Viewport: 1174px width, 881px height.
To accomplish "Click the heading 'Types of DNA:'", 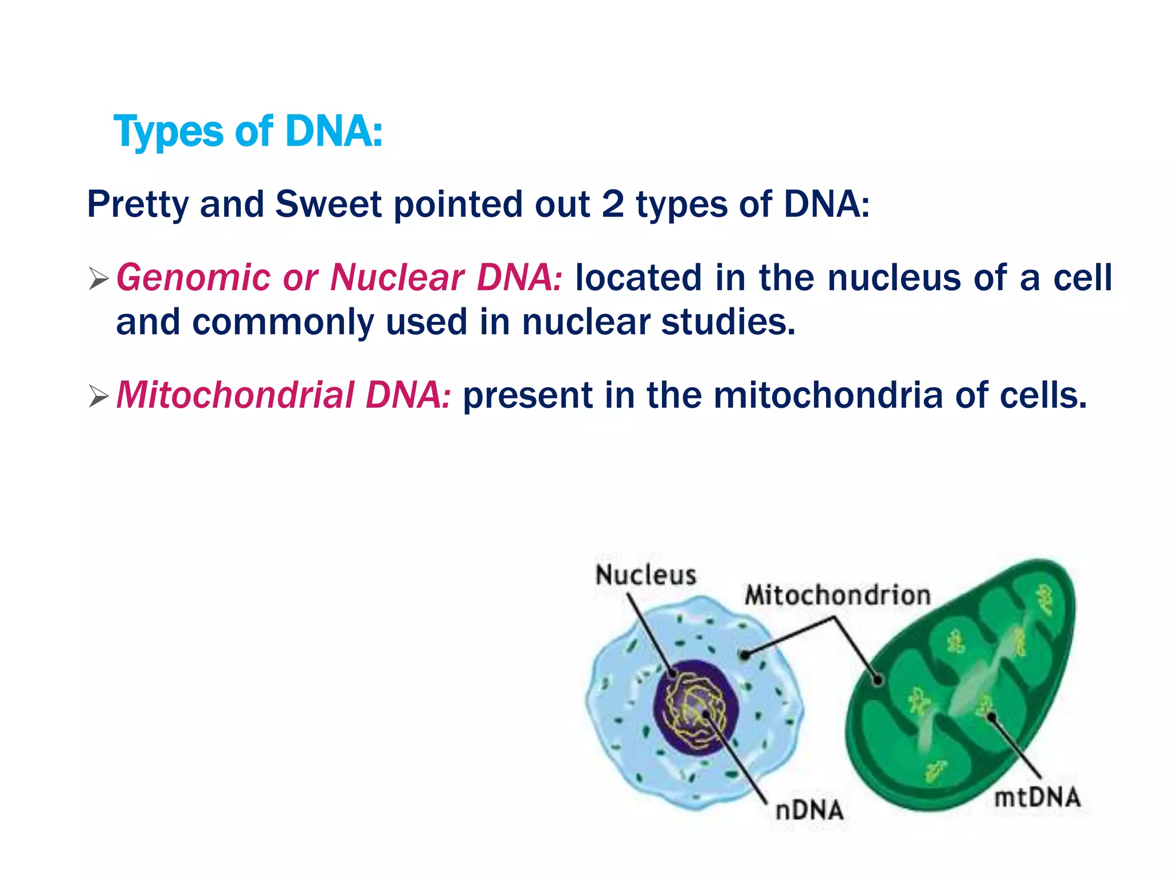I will [x=248, y=131].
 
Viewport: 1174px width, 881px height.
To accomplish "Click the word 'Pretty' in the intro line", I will [x=136, y=205].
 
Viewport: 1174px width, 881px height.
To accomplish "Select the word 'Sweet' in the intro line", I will [x=328, y=204].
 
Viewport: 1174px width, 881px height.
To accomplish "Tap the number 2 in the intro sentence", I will [x=612, y=204].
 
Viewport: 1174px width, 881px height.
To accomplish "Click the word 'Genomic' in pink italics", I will [x=193, y=279].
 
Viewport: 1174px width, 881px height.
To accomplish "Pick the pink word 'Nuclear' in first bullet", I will [x=397, y=278].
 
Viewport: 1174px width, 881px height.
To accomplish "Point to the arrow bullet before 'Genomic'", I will [x=99, y=280].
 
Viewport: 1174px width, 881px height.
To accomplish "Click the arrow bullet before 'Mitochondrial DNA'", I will [x=99, y=397].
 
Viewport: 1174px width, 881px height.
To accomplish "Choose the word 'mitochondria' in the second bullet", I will [x=828, y=395].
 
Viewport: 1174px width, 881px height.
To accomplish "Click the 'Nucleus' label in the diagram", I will [x=645, y=575].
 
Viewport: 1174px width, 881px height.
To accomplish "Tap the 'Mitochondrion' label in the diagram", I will [x=837, y=595].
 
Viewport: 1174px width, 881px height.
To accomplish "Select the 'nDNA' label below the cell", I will [x=809, y=810].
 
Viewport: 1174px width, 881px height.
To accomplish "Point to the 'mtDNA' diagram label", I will [x=1036, y=798].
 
